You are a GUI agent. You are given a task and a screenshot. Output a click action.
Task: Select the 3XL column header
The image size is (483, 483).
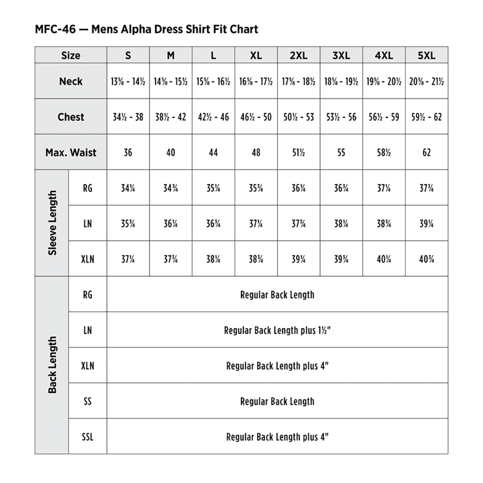(341, 56)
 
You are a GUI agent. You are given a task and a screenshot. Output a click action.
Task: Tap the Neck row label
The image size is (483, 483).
(71, 81)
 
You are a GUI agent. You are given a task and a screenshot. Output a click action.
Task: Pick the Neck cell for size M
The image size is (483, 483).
(170, 82)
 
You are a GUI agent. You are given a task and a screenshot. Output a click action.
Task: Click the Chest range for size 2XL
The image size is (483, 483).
(298, 117)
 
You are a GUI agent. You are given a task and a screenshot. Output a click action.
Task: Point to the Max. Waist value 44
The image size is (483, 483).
(213, 153)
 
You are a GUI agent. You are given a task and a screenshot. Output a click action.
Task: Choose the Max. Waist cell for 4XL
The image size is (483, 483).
(384, 153)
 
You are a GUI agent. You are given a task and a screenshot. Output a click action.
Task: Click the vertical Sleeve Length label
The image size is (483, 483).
(52, 223)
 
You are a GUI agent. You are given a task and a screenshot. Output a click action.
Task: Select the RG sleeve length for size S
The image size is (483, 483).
(128, 188)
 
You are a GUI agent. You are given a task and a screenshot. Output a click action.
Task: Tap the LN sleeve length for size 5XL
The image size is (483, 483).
(426, 224)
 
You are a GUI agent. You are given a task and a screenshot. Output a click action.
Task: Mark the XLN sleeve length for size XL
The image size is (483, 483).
(256, 259)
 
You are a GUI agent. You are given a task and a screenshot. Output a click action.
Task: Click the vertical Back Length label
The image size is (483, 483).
(52, 365)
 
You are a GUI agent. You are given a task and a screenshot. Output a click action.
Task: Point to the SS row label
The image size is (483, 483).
(87, 401)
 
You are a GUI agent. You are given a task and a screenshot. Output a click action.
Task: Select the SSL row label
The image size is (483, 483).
(87, 437)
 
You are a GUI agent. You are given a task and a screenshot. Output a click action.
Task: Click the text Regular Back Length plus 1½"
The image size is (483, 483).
(277, 330)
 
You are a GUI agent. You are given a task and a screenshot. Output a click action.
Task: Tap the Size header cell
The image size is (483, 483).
(71, 56)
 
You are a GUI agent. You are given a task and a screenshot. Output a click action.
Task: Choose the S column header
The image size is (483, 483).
(128, 56)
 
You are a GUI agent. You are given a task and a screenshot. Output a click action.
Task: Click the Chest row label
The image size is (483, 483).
(71, 117)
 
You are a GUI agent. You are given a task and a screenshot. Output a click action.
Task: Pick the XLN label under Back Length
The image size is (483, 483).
(87, 366)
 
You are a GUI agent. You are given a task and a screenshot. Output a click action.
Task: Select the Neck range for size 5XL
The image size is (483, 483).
(426, 82)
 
